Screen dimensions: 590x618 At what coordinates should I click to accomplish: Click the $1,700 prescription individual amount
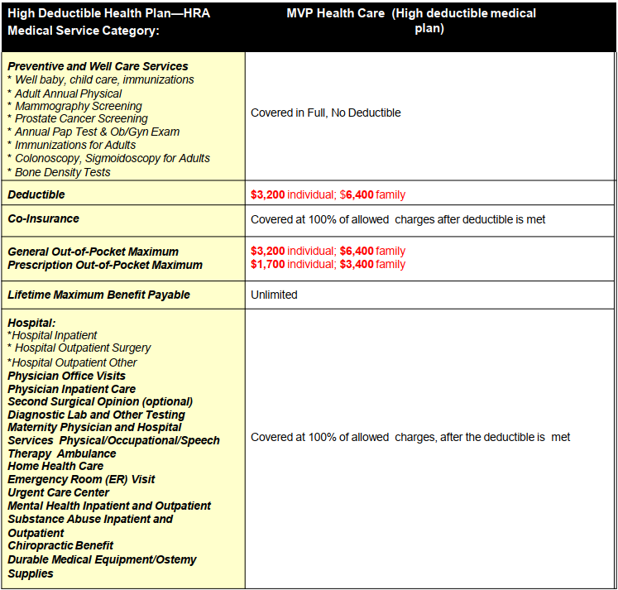tap(267, 265)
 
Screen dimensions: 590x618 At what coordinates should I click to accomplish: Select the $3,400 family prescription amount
tap(357, 265)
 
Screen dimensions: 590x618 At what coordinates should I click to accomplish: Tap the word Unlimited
tap(274, 295)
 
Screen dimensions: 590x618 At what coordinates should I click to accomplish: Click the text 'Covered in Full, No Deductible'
tap(325, 113)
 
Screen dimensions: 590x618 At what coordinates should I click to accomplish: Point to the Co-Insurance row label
tap(44, 219)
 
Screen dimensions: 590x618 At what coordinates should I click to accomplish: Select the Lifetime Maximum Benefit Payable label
tap(98, 295)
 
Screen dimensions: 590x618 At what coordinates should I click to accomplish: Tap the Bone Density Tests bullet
tap(62, 172)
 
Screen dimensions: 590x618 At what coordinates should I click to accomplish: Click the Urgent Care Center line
tap(58, 492)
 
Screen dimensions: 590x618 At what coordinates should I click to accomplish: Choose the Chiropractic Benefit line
tap(60, 545)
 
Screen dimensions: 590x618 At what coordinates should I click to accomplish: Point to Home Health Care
tap(55, 466)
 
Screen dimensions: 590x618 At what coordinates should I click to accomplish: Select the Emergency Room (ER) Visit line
tap(81, 479)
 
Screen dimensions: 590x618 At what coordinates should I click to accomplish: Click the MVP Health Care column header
tap(411, 14)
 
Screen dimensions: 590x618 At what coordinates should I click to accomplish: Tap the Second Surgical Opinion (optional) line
tap(100, 401)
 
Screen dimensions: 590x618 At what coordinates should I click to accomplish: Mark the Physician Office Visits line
tap(67, 376)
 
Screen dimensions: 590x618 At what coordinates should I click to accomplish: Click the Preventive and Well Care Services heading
tap(98, 66)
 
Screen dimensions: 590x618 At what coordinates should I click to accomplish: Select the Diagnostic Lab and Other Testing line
tap(96, 415)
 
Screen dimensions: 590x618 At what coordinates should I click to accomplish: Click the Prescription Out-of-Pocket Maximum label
tap(105, 265)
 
